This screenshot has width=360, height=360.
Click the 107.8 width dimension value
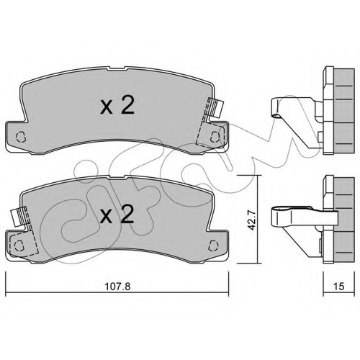(117, 286)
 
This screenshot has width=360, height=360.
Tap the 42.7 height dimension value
(251, 220)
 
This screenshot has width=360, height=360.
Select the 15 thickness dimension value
(338, 286)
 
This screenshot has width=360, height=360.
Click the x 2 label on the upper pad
(117, 106)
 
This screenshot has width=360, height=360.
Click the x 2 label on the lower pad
(117, 215)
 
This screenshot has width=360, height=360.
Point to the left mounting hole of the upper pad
(21, 137)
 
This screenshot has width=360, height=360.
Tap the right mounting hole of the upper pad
(215, 137)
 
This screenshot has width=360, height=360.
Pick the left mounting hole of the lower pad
(19, 246)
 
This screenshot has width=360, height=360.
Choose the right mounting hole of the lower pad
(213, 246)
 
